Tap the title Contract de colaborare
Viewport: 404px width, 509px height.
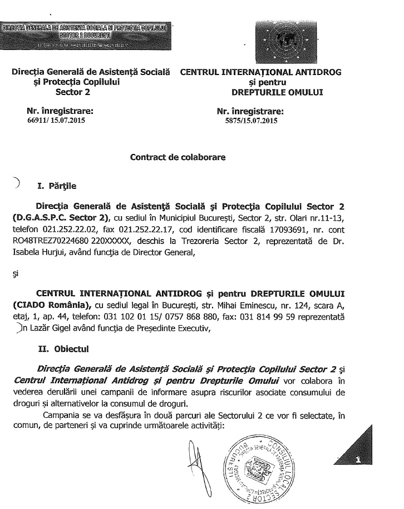click(178, 157)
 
